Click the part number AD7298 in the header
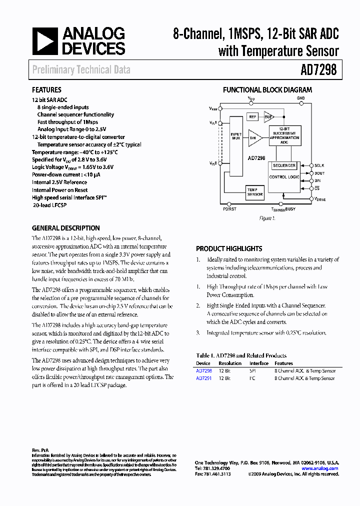(x=318, y=70)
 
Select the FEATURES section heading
(x=46, y=90)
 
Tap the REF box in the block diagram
(x=252, y=116)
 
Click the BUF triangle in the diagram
(x=268, y=116)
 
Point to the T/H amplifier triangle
(x=253, y=137)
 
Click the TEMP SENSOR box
(x=254, y=192)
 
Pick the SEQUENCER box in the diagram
(x=284, y=165)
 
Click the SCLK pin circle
(x=310, y=165)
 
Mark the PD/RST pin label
(x=229, y=208)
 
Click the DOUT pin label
(x=319, y=173)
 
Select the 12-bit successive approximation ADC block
(x=284, y=135)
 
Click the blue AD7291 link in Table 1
(x=204, y=378)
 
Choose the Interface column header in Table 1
(x=259, y=363)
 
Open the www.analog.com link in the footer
(x=320, y=468)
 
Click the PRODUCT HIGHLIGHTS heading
(x=229, y=248)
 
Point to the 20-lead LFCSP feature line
(x=49, y=205)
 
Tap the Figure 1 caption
(x=267, y=218)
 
